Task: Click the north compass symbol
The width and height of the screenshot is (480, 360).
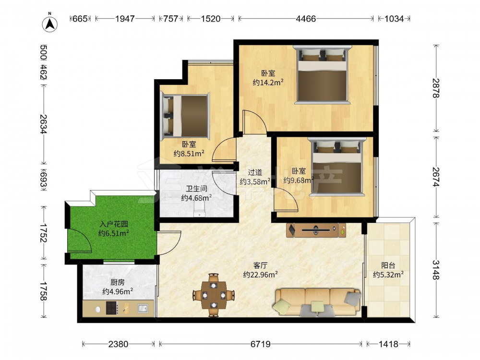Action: (x=50, y=22)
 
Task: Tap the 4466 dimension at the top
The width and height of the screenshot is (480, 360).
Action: (x=305, y=19)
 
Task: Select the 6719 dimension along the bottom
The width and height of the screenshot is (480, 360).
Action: (x=260, y=344)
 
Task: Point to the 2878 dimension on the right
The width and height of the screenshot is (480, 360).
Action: (x=435, y=88)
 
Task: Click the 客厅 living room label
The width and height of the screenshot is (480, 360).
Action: (x=260, y=265)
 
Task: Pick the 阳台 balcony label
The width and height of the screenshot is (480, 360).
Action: (x=388, y=265)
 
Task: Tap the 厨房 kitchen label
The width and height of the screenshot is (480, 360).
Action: (x=117, y=282)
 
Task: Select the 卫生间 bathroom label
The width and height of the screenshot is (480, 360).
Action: (x=196, y=189)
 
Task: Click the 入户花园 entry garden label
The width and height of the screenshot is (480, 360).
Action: (x=114, y=224)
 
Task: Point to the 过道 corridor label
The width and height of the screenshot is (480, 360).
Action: (x=255, y=172)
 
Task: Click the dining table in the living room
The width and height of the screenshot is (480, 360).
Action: (x=214, y=295)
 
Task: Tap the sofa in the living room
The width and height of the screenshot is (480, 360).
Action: (x=318, y=302)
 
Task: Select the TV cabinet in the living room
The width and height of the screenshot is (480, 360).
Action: (x=316, y=230)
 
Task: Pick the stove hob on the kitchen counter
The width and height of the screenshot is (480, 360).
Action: (x=112, y=308)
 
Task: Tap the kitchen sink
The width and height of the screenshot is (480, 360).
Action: (x=143, y=308)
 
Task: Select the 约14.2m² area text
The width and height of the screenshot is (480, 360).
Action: (x=268, y=83)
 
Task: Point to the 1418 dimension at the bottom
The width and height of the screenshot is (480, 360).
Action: (x=388, y=344)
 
